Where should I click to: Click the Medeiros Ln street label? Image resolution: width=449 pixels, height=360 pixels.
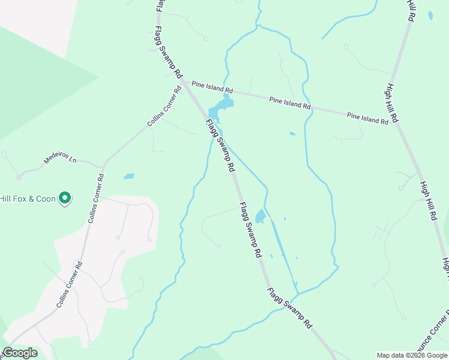pyautogui.click(x=61, y=161)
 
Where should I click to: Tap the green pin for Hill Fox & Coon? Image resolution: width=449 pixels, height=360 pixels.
pyautogui.click(x=65, y=197)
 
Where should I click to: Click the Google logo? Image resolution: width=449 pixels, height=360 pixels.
pyautogui.click(x=20, y=353)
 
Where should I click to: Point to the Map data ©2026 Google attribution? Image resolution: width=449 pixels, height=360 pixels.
pyautogui.click(x=412, y=355)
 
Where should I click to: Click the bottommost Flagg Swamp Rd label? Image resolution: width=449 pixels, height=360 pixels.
pyautogui.click(x=290, y=308)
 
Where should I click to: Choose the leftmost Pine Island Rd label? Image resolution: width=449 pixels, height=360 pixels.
pyautogui.click(x=207, y=87)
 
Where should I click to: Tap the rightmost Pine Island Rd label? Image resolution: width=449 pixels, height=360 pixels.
pyautogui.click(x=367, y=118)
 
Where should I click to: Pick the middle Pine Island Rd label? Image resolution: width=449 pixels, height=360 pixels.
pyautogui.click(x=290, y=103)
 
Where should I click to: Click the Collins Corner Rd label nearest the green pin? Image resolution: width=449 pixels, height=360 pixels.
pyautogui.click(x=96, y=199)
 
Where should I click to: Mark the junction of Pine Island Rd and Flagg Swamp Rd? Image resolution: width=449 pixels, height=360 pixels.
pyautogui.click(x=184, y=82)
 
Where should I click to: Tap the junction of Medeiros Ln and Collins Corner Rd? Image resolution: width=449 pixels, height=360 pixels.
pyautogui.click(x=103, y=166)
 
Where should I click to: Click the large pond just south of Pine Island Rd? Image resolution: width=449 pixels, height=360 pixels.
pyautogui.click(x=219, y=109)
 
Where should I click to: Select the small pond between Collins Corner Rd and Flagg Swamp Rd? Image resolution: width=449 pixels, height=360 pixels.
pyautogui.click(x=128, y=176)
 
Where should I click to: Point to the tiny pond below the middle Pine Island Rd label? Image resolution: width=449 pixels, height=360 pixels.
pyautogui.click(x=292, y=133)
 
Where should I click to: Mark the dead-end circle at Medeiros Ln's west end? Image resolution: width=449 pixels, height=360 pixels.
pyautogui.click(x=19, y=178)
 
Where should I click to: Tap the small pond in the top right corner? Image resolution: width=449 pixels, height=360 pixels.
pyautogui.click(x=430, y=16)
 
